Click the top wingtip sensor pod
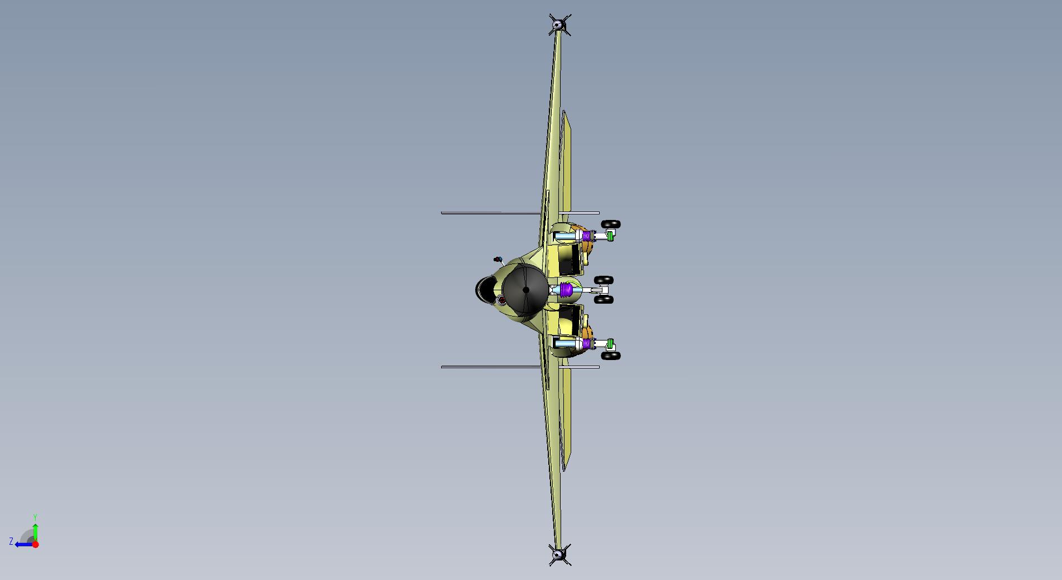pyautogui.click(x=557, y=25)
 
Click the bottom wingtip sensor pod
pyautogui.click(x=558, y=554)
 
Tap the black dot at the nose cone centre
pyautogui.click(x=526, y=290)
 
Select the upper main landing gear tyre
pyautogui.click(x=611, y=224)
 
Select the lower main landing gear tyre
pyautogui.click(x=611, y=356)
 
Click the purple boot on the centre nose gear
pyautogui.click(x=567, y=290)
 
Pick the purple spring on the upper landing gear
pyautogui.click(x=587, y=236)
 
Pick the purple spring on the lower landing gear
pyautogui.click(x=587, y=344)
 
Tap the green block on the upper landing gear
pyautogui.click(x=611, y=236)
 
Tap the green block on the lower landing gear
pyautogui.click(x=611, y=343)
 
